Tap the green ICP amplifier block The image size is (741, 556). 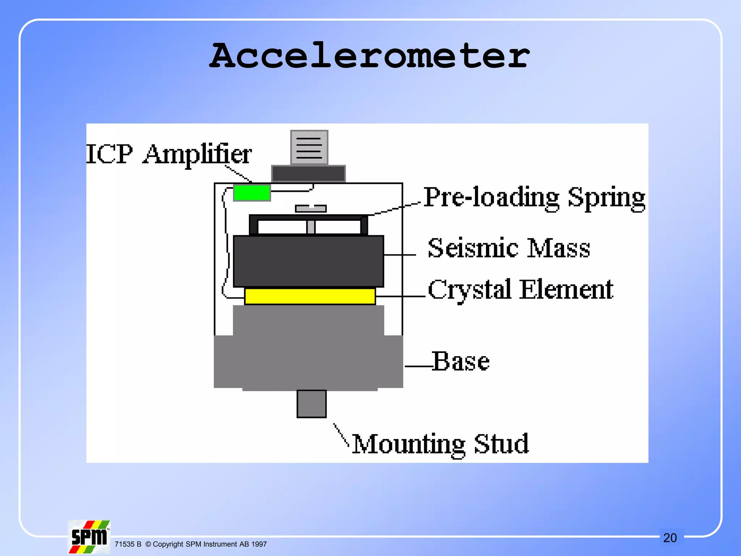[x=252, y=193]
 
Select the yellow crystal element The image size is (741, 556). [x=310, y=296]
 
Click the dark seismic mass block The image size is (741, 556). [x=308, y=261]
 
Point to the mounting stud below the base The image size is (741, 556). [x=312, y=404]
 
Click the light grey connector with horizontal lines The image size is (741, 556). [x=309, y=147]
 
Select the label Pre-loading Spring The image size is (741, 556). [x=534, y=198]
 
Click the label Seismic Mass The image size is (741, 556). [x=509, y=248]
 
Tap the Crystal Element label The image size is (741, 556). [x=520, y=290]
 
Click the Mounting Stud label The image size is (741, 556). [x=440, y=444]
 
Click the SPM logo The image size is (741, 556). [x=89, y=537]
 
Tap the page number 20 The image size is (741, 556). [x=670, y=538]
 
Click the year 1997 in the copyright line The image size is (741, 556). [x=259, y=544]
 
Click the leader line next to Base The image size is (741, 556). [x=418, y=366]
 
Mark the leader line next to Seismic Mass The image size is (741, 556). [x=400, y=255]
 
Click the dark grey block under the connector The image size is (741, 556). [x=308, y=174]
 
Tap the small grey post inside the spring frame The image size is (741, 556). [x=311, y=227]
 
